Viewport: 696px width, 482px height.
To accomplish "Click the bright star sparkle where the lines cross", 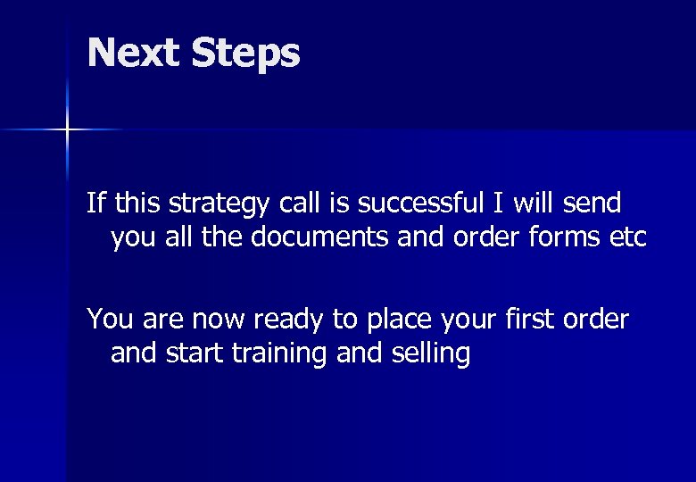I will (66, 130).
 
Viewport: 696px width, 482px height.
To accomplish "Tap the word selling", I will (431, 353).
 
